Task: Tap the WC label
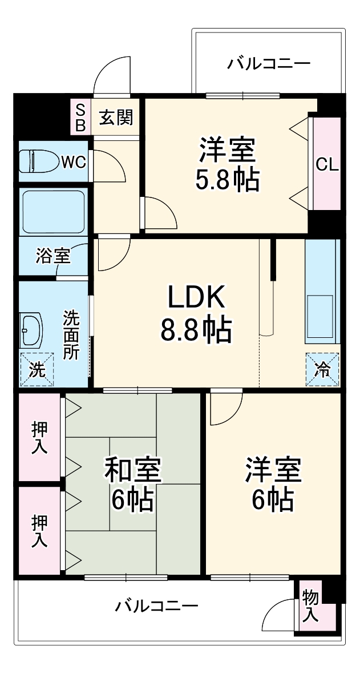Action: (74, 162)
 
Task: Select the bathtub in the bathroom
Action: (52, 211)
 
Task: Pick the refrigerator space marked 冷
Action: (322, 369)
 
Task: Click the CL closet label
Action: (327, 165)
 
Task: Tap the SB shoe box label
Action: (80, 118)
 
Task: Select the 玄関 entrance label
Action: (116, 118)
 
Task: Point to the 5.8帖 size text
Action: (227, 180)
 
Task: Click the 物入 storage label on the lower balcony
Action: (310, 606)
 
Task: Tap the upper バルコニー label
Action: (268, 63)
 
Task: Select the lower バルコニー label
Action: (156, 606)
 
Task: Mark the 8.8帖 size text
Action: (196, 330)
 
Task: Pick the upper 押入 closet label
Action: (39, 438)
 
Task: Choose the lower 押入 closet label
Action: (39, 531)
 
